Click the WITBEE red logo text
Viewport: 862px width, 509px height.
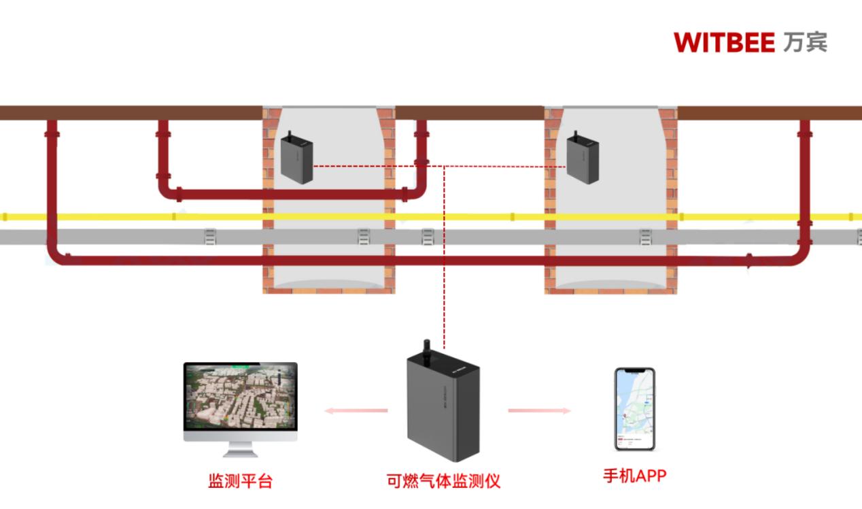724,43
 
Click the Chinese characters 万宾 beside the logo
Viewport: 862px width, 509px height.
805,42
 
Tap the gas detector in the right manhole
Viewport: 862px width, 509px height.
583,158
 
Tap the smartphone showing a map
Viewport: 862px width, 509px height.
634,409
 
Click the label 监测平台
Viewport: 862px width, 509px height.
240,482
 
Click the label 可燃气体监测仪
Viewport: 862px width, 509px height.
443,482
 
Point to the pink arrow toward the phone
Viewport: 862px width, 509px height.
539,410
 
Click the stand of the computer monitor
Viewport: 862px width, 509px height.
240,449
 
